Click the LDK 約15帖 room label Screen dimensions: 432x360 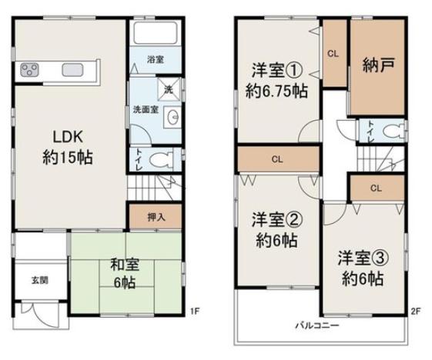[68, 147]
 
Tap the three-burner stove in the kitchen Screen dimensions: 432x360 [29, 70]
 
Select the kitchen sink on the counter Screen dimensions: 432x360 [72, 70]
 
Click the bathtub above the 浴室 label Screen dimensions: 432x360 [156, 33]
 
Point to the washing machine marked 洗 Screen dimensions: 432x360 [169, 89]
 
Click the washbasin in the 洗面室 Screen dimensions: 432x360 [172, 118]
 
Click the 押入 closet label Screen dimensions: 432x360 [156, 218]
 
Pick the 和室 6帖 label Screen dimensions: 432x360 [125, 274]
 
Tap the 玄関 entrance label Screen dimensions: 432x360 [40, 281]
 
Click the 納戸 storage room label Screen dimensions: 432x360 [378, 65]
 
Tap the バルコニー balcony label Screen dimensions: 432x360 [317, 326]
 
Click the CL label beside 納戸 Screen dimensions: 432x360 [333, 53]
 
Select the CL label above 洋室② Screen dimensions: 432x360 [277, 159]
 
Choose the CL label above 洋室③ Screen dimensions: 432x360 [376, 188]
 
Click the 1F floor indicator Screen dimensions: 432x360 [195, 312]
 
